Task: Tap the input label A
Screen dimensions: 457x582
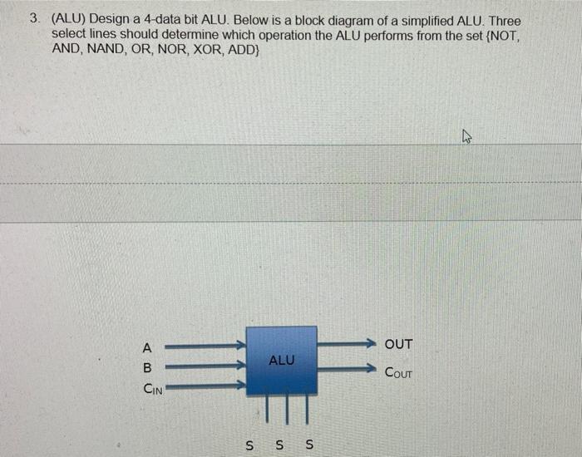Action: click(147, 347)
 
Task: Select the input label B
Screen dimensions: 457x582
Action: click(147, 367)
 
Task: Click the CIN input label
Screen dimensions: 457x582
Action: click(153, 387)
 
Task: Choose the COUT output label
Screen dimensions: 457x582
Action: click(398, 372)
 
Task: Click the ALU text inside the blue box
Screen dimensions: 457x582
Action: click(282, 361)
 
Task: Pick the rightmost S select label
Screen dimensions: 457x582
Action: click(309, 445)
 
